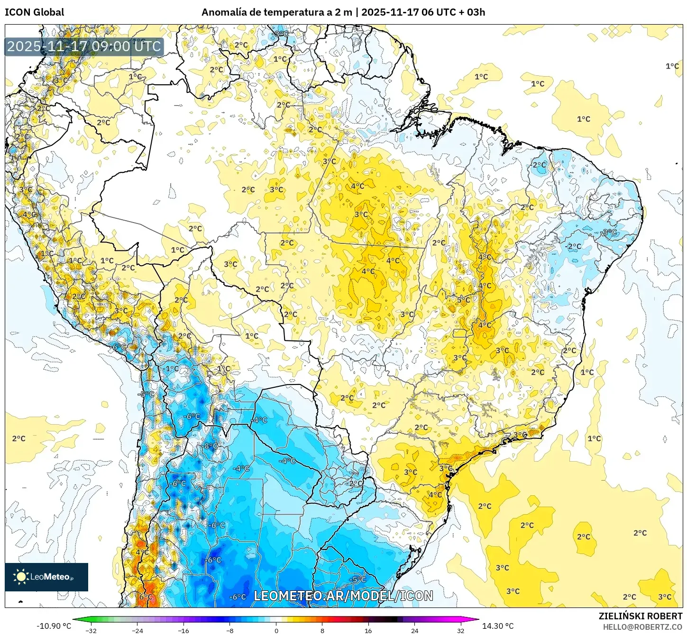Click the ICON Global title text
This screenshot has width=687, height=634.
point(34,12)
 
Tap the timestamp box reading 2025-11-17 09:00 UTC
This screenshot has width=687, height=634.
point(84,46)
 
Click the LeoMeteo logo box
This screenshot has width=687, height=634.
point(46,577)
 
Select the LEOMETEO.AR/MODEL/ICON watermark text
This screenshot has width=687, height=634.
point(343,596)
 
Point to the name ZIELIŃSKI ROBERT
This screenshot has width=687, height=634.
point(641,616)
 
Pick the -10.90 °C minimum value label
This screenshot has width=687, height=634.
point(54,626)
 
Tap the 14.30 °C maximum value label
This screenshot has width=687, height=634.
point(498,626)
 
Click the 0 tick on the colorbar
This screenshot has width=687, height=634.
point(276,630)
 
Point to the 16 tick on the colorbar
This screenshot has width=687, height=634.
point(368,630)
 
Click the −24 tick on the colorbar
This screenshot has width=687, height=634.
point(137,630)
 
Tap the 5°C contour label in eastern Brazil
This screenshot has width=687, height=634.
point(463,300)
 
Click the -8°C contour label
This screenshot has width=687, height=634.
point(211,446)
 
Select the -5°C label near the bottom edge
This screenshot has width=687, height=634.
point(357,579)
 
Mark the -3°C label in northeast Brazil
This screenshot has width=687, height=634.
point(609,232)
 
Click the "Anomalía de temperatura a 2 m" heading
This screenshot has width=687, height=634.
point(276,12)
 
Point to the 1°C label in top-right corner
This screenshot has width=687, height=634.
point(672,66)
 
